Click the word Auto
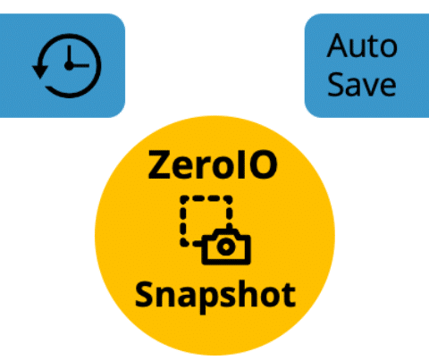pyautogui.click(x=362, y=46)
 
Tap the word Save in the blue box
pyautogui.click(x=362, y=84)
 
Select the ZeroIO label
pyautogui.click(x=213, y=164)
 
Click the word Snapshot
pyautogui.click(x=215, y=297)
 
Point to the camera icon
pyautogui.click(x=226, y=247)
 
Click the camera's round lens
pyautogui.click(x=226, y=247)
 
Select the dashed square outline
pyautogui.click(x=206, y=221)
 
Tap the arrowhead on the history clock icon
pyautogui.click(x=40, y=71)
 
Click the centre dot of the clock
pyautogui.click(x=69, y=66)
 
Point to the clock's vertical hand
pyautogui.click(x=69, y=55)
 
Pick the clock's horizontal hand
pyautogui.click(x=80, y=65)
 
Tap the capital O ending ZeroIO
pyautogui.click(x=264, y=164)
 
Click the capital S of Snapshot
pyautogui.click(x=145, y=294)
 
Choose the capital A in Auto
pyautogui.click(x=338, y=46)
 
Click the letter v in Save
pyautogui.click(x=369, y=87)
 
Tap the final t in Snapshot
pyautogui.click(x=288, y=295)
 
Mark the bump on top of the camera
pyautogui.click(x=227, y=231)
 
